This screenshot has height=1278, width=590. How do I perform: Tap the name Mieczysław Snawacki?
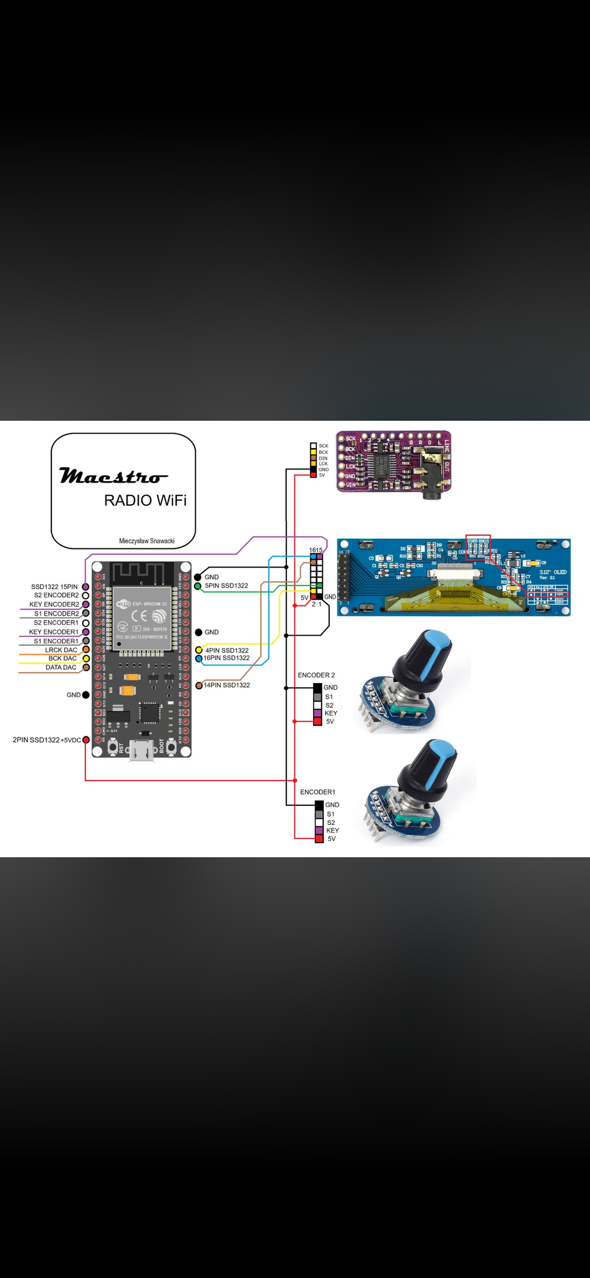pyautogui.click(x=147, y=541)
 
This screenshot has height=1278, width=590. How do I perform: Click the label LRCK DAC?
pyautogui.click(x=62, y=650)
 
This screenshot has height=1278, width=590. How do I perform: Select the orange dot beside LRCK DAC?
pyautogui.click(x=86, y=650)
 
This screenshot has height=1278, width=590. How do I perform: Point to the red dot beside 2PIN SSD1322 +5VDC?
pyautogui.click(x=86, y=740)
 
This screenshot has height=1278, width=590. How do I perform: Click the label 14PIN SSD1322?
pyautogui.click(x=226, y=685)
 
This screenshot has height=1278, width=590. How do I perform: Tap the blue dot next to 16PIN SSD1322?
pyautogui.click(x=199, y=659)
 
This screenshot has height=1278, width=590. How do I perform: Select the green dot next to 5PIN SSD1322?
pyautogui.click(x=198, y=586)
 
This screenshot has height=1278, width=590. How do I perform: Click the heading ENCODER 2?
pyautogui.click(x=317, y=675)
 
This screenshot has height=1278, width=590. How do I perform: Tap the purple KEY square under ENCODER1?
pyautogui.click(x=319, y=830)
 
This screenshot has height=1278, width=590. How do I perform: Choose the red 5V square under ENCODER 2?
pyautogui.click(x=318, y=722)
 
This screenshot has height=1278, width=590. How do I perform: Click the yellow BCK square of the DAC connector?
pyautogui.click(x=314, y=452)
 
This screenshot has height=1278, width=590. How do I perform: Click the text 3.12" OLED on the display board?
pyautogui.click(x=553, y=572)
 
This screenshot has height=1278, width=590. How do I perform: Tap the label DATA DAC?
pyautogui.click(x=61, y=667)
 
